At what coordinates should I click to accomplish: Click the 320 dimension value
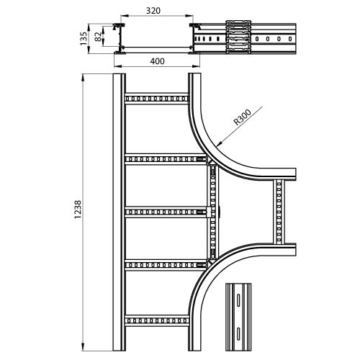click(x=153, y=11)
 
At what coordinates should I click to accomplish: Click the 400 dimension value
click(x=158, y=61)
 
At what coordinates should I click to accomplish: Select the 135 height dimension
click(x=84, y=38)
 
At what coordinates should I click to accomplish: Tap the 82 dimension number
click(x=98, y=37)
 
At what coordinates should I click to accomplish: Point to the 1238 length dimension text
click(x=78, y=210)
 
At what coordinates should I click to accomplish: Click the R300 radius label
click(x=243, y=117)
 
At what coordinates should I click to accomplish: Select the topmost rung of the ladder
click(x=156, y=99)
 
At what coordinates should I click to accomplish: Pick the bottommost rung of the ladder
click(x=156, y=320)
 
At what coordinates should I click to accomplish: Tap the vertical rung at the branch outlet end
click(x=279, y=212)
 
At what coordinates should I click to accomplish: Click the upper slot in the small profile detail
click(x=238, y=300)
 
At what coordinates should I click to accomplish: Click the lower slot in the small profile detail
click(x=238, y=333)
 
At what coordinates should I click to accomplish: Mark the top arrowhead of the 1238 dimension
click(x=83, y=78)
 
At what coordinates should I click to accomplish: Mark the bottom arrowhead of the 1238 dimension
click(x=83, y=347)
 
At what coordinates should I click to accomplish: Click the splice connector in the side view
click(x=238, y=37)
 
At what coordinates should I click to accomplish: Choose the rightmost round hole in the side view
click(x=290, y=39)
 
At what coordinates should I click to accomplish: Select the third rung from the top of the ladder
click(x=166, y=212)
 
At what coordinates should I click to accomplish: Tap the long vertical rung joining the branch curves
click(x=213, y=212)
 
